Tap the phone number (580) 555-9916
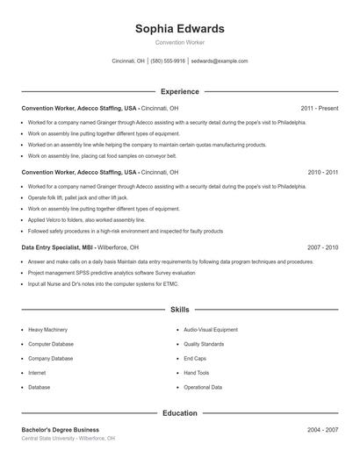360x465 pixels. coord(168,61)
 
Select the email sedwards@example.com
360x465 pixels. coord(220,61)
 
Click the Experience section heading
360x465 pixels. coord(179,91)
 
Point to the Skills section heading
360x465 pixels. coord(179,310)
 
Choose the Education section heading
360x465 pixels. coord(179,412)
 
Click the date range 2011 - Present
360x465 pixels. coord(319,108)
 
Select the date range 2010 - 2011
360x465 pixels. coord(322,173)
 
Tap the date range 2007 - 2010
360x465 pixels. coord(322,247)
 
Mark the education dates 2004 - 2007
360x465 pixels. coord(322,430)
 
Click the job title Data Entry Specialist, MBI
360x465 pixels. coord(58,247)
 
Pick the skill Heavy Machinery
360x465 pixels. coord(47,330)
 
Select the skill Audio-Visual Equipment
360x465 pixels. coord(210,330)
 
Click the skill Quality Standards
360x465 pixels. coord(204,344)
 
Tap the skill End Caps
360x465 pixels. coord(194,358)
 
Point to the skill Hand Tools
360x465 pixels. coord(196,373)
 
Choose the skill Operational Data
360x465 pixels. coord(203,387)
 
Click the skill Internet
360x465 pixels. coord(37,373)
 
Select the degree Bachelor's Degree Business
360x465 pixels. coord(60,430)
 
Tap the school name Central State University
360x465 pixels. coord(49,438)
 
